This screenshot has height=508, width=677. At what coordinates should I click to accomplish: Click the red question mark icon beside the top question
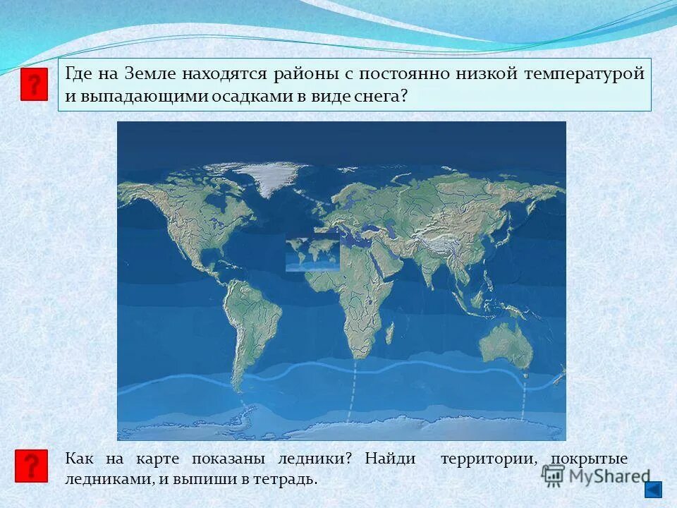(34, 85)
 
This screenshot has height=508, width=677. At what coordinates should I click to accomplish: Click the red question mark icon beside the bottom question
(31, 466)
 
